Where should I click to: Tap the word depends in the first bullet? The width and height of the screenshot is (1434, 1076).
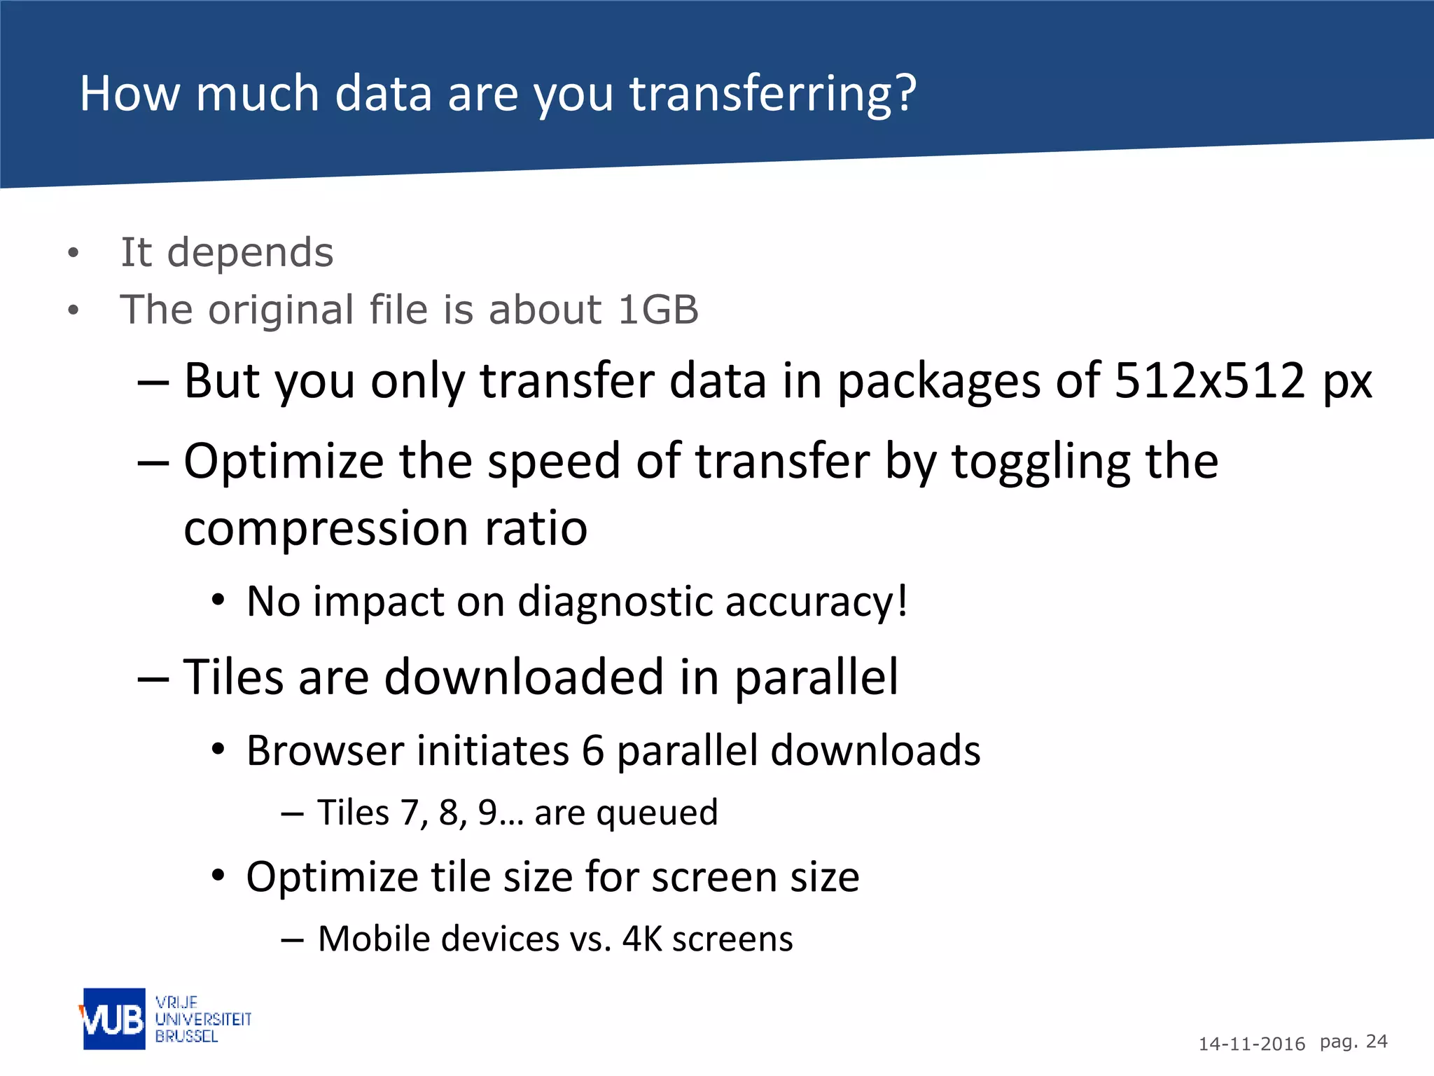coord(250,252)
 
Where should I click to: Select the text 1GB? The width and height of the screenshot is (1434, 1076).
coord(658,309)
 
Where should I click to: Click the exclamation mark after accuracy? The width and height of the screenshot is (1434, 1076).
coord(902,600)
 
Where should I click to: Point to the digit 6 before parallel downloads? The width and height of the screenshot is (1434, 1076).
coord(592,751)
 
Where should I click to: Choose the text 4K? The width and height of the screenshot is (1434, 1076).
coord(641,939)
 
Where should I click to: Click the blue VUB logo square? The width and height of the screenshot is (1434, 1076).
coord(114,1019)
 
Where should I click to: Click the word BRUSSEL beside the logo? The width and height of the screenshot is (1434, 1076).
coord(186,1036)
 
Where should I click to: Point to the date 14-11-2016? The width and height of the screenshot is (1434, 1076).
coord(1251,1044)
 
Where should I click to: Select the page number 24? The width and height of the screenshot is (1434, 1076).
coord(1377,1042)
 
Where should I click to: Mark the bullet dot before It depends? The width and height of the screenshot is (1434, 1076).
coord(74,253)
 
